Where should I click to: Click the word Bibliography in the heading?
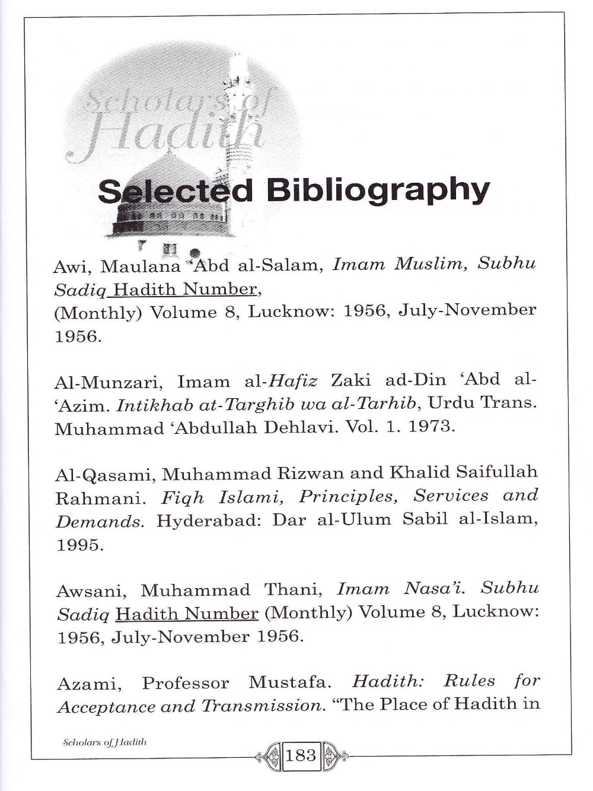[x=378, y=192]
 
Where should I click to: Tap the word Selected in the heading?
[x=175, y=192]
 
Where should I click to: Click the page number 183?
[x=301, y=755]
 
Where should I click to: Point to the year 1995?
[x=79, y=545]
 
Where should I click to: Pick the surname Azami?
[x=90, y=684]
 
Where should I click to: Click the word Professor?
[x=185, y=683]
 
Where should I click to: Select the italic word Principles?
[x=346, y=496]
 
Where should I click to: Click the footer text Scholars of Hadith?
[x=104, y=742]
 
